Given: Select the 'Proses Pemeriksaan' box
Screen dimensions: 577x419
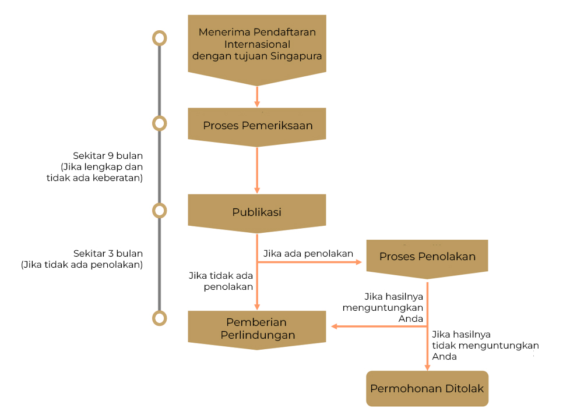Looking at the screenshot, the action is click(257, 126).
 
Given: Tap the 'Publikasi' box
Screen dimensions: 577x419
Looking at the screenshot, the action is click(257, 212).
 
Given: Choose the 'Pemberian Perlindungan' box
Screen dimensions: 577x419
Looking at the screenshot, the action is click(257, 329).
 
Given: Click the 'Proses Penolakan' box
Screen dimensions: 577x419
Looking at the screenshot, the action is click(427, 258).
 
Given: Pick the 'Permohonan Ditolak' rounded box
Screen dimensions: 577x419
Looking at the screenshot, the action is click(427, 389).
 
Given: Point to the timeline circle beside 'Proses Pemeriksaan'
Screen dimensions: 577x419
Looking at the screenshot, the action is click(159, 123).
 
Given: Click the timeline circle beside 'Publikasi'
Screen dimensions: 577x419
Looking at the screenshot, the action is click(159, 211).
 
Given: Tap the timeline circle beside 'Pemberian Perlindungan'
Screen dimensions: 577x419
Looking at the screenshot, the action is click(159, 318).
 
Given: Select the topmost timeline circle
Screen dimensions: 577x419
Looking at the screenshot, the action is click(159, 38).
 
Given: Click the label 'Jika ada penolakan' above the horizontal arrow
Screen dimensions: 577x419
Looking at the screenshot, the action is click(308, 253).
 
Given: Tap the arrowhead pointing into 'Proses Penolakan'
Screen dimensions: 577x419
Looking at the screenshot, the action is click(359, 262).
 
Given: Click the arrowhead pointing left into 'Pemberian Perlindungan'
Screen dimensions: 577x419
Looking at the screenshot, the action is click(335, 326).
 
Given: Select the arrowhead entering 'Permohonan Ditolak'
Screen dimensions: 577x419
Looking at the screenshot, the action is click(427, 368).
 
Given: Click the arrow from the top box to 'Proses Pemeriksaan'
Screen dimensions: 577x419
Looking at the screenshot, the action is click(257, 97).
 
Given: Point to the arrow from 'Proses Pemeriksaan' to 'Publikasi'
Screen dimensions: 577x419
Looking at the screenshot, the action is click(257, 170).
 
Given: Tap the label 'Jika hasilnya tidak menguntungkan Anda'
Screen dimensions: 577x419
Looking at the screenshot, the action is click(485, 345).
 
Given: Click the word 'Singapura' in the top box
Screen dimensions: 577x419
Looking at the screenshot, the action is click(296, 56).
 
